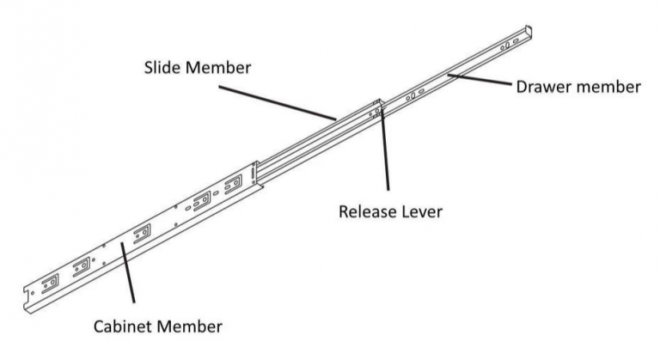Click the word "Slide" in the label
[163, 68]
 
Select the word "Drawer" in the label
[541, 88]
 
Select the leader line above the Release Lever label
[385, 155]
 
